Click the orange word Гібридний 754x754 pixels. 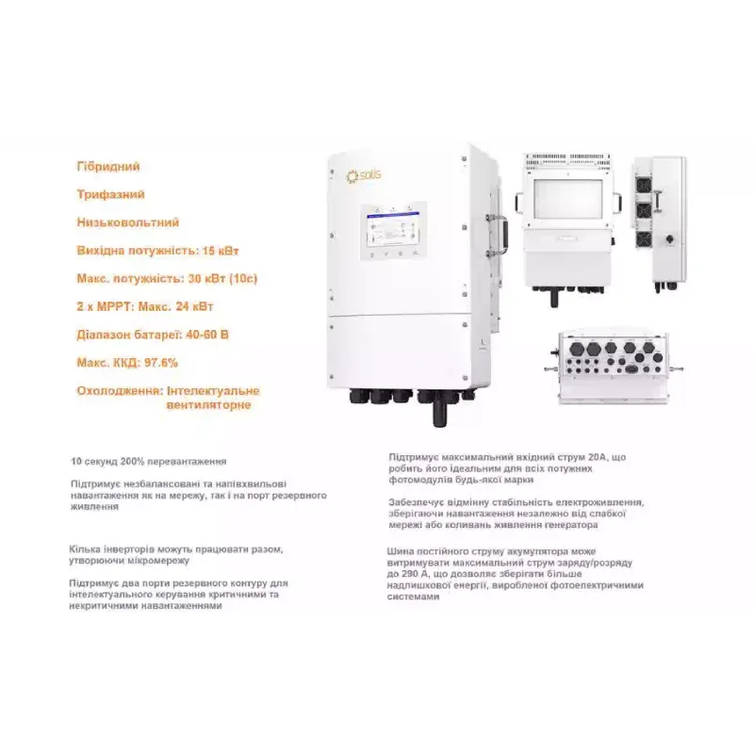(108, 167)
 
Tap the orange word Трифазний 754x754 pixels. (110, 195)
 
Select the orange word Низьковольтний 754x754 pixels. (127, 222)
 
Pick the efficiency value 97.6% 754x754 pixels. (157, 362)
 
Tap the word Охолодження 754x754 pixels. (117, 390)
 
